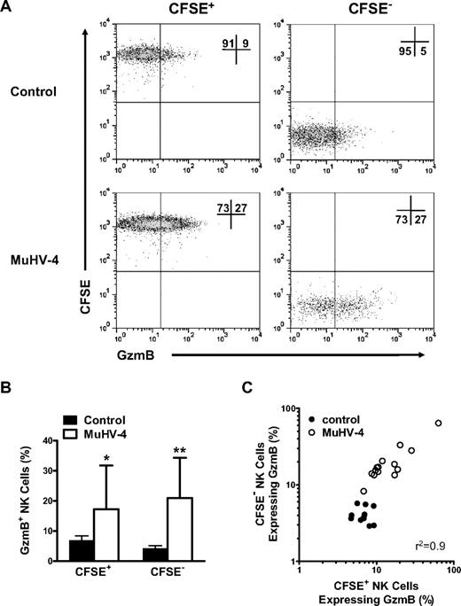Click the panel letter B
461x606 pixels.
8,382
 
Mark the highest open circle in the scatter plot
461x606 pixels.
438,423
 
